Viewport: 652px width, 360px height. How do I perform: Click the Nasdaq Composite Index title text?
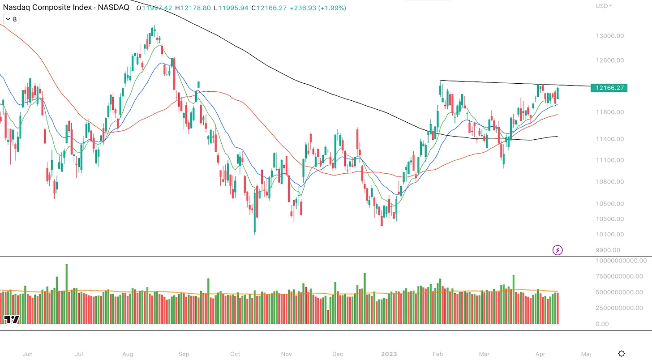[x=66, y=8]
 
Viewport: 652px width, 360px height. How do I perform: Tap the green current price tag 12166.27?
[x=609, y=88]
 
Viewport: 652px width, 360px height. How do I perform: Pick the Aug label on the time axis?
[x=128, y=354]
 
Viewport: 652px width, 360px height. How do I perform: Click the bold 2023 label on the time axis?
[x=389, y=354]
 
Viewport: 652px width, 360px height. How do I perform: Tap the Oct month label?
[x=235, y=354]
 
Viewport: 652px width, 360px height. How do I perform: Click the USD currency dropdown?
[x=604, y=6]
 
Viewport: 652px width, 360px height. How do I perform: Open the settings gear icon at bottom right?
[x=622, y=354]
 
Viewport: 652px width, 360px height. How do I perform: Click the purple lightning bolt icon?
[x=558, y=250]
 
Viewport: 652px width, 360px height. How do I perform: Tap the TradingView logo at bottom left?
[x=12, y=319]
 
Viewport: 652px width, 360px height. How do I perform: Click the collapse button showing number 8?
[x=11, y=19]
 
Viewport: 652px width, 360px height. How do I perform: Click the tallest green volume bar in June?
[x=67, y=293]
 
